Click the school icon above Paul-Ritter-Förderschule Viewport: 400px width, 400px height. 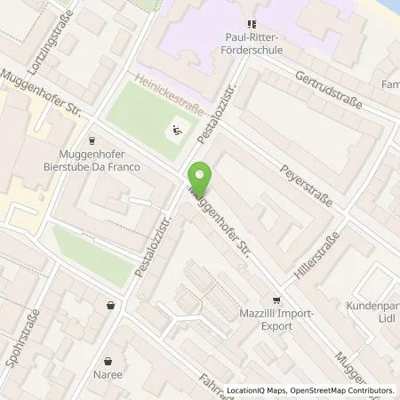tap(252, 24)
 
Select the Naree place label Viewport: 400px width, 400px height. tap(108, 377)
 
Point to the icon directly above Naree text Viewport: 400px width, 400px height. tap(108, 362)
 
